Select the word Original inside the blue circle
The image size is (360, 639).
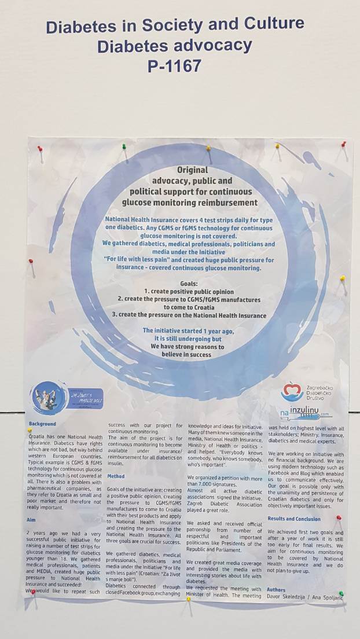pyautogui.click(x=192, y=171)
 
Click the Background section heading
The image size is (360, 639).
pyautogui.click(x=42, y=424)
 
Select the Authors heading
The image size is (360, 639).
pyautogui.click(x=276, y=590)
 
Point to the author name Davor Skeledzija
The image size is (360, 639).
pyautogui.click(x=287, y=597)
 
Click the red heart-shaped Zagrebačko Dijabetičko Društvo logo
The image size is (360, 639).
pyautogui.click(x=292, y=391)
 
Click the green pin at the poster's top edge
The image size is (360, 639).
pyautogui.click(x=124, y=146)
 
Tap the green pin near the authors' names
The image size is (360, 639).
pyautogui.click(x=341, y=593)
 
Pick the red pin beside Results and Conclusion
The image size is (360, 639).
pyautogui.click(x=339, y=518)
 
